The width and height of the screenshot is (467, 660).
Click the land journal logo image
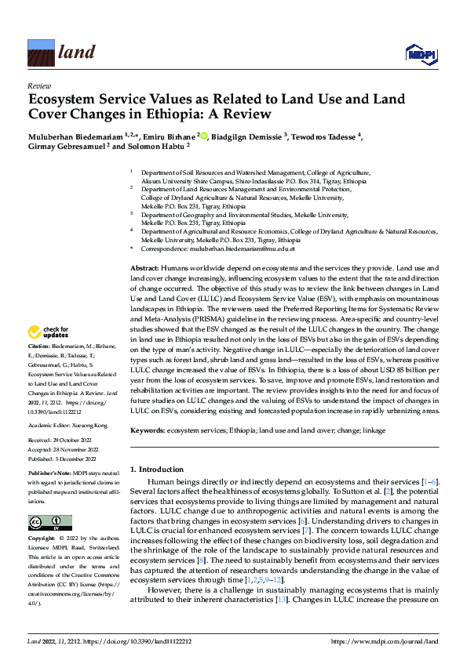click(40, 52)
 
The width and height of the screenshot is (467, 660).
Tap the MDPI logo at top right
click(420, 53)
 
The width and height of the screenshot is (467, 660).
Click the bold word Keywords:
click(149, 431)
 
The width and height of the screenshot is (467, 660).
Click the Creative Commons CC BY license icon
click(49, 522)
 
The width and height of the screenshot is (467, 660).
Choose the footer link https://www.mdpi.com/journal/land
click(384, 642)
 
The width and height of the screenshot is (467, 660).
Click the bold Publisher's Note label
click(52, 474)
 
